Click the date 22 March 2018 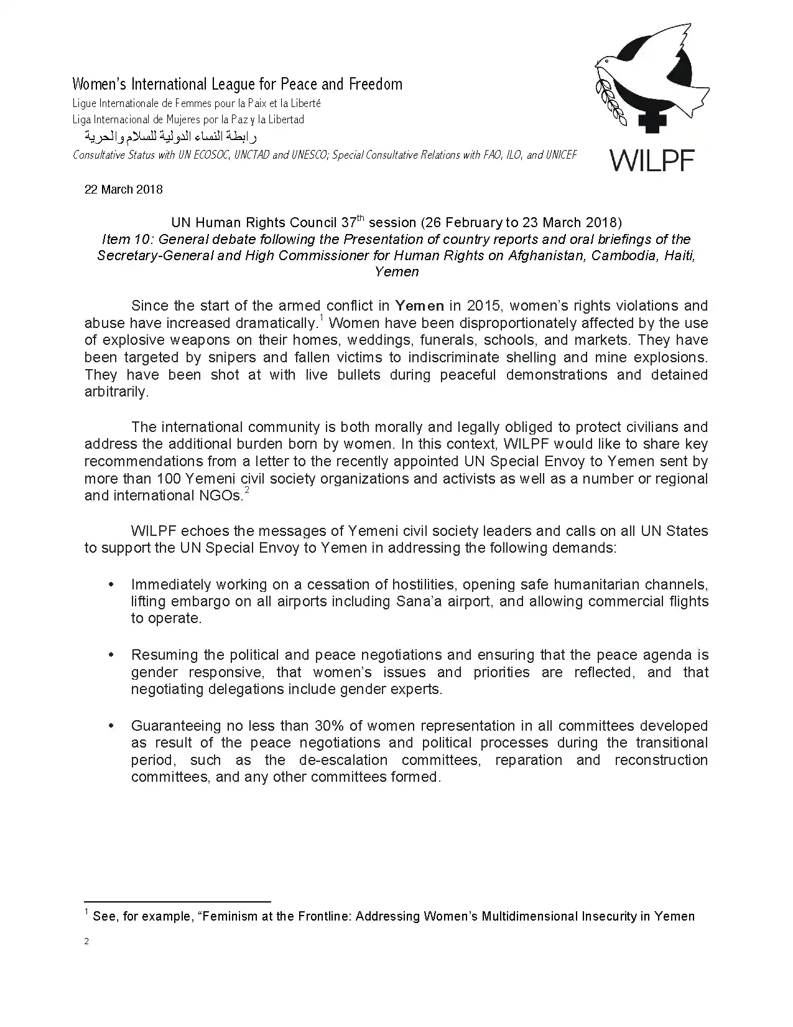point(123,189)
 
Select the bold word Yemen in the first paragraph point(420,306)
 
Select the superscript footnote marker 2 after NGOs point(246,491)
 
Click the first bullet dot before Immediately point(111,584)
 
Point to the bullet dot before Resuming point(111,655)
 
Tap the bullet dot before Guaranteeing point(111,726)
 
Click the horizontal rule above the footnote point(177,901)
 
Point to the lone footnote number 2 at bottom point(86,942)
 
